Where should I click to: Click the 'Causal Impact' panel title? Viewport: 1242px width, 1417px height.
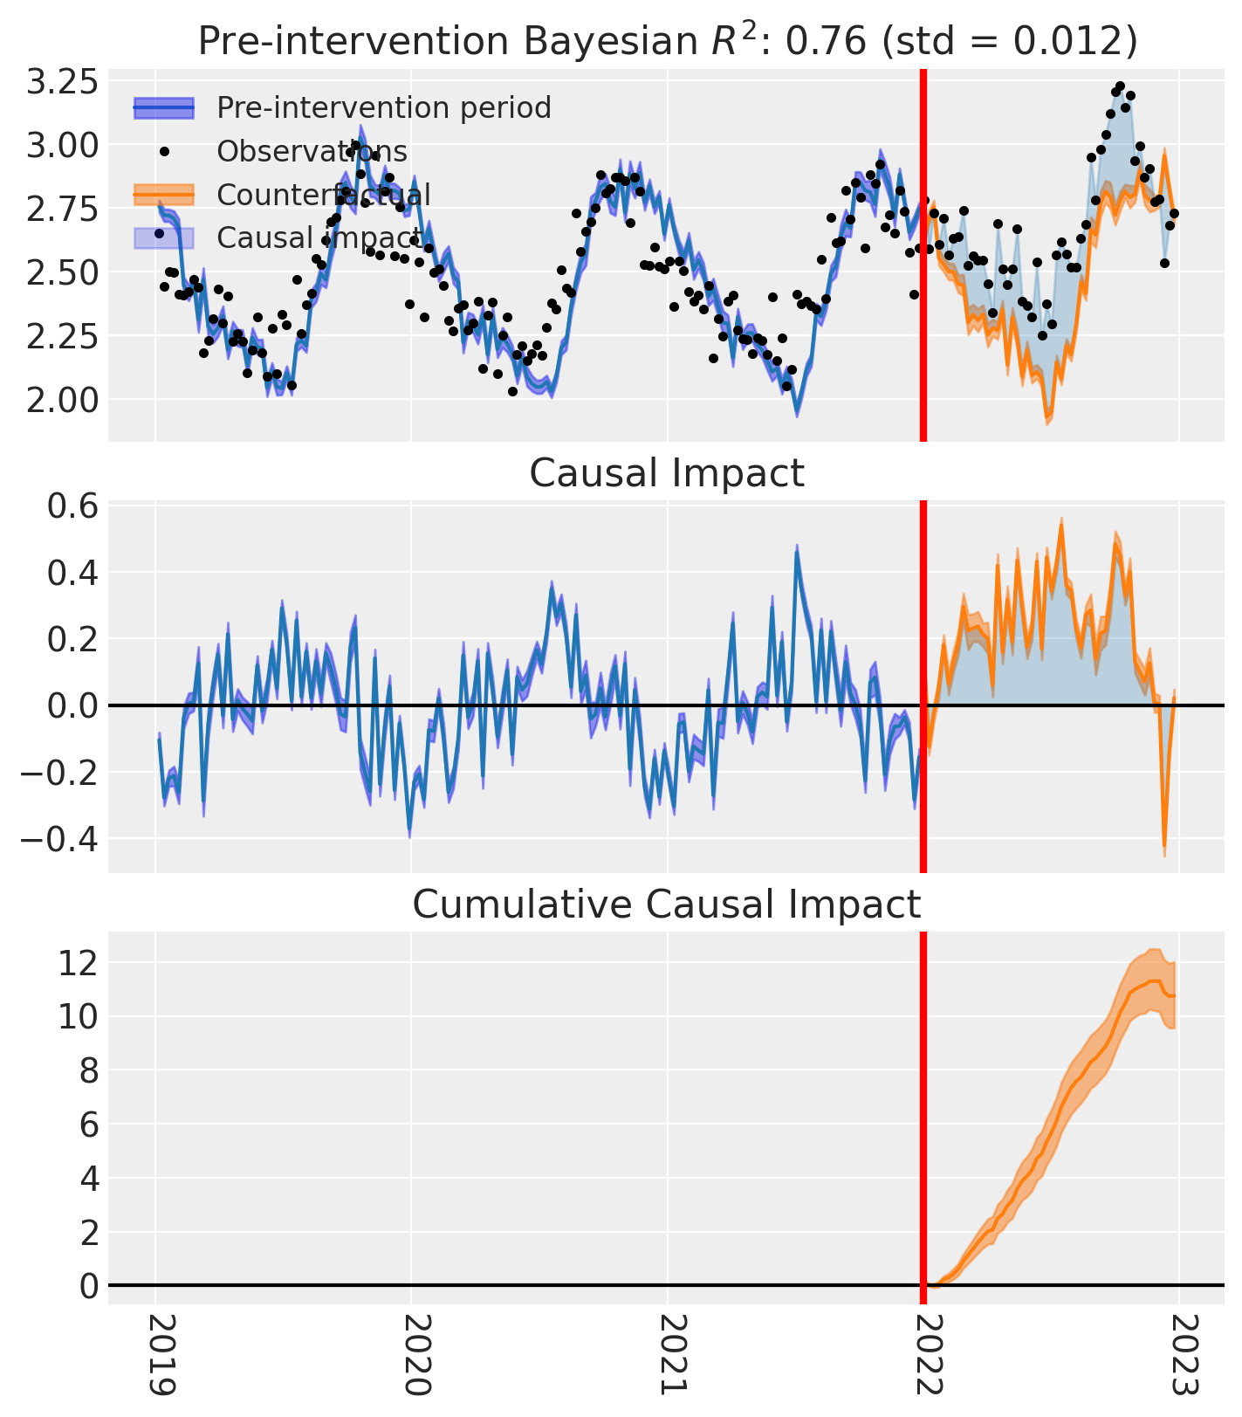point(666,474)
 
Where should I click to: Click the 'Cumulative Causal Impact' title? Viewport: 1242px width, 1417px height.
point(666,905)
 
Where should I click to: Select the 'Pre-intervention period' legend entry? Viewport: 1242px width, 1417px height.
point(384,108)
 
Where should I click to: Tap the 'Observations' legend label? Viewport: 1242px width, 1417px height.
point(312,152)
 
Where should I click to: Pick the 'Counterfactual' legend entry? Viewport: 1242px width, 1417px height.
point(323,195)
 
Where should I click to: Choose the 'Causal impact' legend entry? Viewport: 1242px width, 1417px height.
point(319,237)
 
